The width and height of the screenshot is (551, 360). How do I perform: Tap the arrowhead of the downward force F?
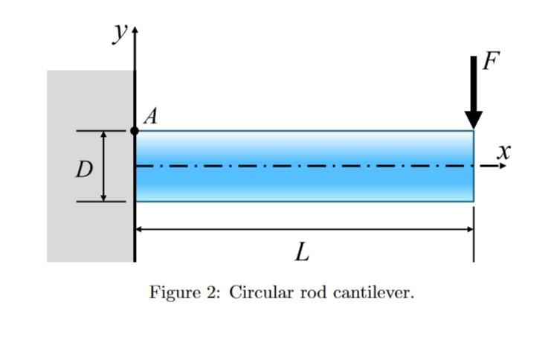click(473, 120)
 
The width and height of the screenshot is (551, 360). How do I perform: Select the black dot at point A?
click(135, 131)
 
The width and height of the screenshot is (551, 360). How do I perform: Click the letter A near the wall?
click(151, 116)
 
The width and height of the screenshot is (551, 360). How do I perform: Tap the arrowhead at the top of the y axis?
click(135, 35)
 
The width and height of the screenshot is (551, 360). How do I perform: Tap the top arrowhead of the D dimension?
click(104, 135)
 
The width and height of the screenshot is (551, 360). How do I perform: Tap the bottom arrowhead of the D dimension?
click(104, 196)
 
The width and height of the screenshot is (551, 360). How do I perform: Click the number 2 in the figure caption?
click(209, 292)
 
